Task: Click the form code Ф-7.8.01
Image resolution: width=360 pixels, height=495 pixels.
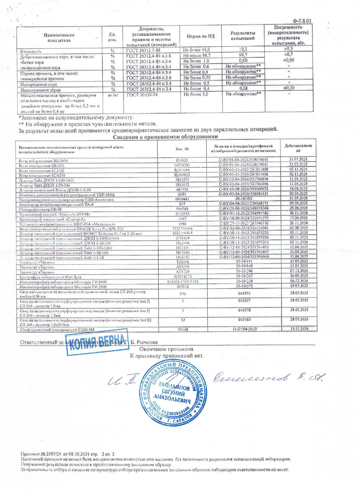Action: click(302, 21)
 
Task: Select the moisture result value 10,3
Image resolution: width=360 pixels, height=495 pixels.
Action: click(243, 49)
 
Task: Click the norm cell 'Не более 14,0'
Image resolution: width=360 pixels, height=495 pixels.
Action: click(197, 50)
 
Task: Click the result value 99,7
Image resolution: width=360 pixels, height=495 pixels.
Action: click(243, 55)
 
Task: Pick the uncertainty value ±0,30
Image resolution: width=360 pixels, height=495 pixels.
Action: click(289, 88)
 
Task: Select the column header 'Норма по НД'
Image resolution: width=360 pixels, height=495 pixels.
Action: click(200, 36)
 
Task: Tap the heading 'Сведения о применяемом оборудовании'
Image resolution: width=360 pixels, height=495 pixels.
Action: click(165, 137)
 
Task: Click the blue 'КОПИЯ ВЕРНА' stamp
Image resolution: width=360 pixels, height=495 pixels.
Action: click(97, 342)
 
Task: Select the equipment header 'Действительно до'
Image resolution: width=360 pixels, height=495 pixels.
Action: click(298, 148)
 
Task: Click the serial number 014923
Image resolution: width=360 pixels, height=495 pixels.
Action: click(182, 160)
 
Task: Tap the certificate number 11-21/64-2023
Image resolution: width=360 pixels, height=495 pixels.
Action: click(244, 329)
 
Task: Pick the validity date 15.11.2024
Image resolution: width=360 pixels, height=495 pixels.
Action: click(299, 329)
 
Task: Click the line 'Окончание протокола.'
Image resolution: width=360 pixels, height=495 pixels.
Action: click(167, 349)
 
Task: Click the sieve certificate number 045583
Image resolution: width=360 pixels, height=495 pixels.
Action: click(244, 320)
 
